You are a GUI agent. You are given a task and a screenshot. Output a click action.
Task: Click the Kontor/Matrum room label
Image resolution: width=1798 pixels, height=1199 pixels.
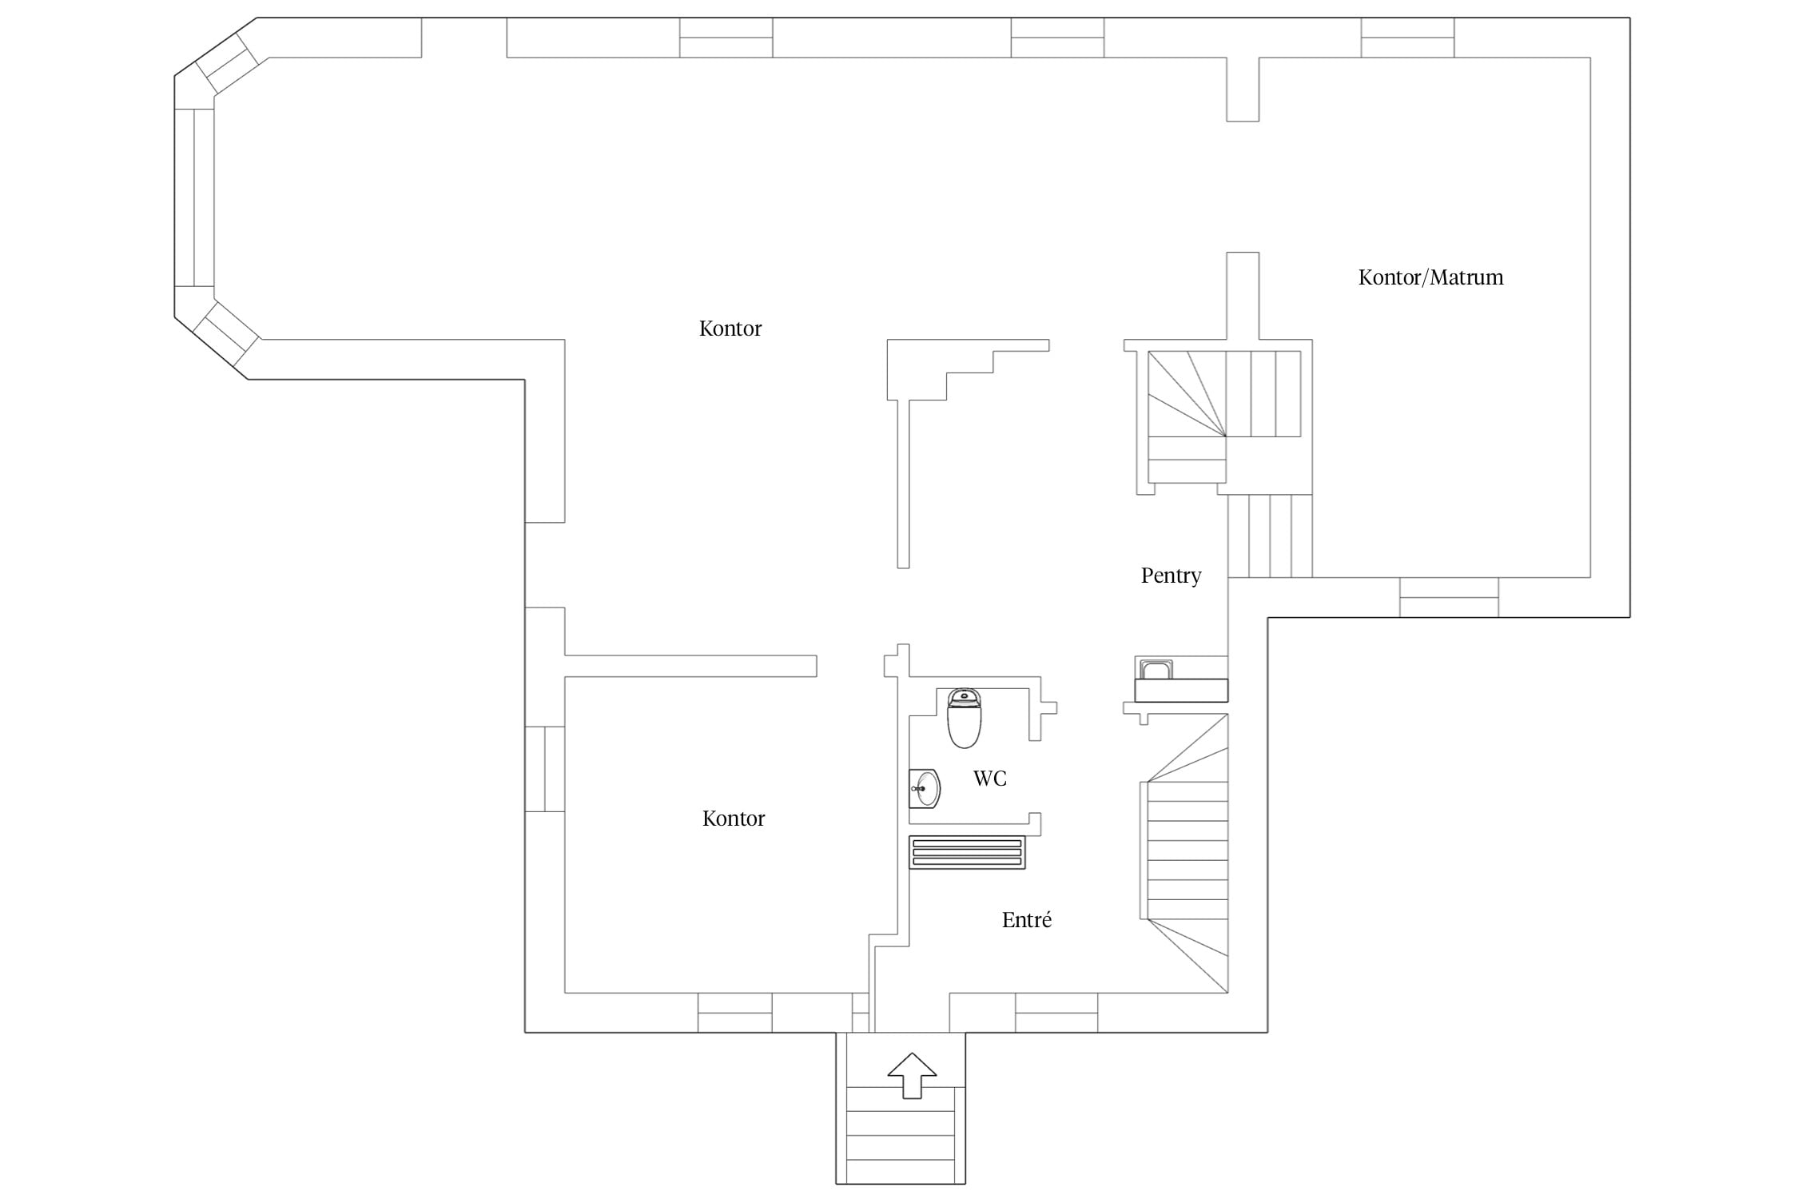pos(1430,277)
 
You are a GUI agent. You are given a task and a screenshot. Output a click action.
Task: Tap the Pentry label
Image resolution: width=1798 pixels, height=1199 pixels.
pos(1171,576)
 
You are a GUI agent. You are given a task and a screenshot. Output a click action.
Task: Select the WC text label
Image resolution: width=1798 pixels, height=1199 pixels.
pos(989,779)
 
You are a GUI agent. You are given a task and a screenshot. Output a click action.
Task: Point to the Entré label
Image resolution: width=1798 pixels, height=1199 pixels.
pos(1026,919)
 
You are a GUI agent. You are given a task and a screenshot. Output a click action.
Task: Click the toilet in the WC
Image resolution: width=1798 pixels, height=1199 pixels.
pos(964,718)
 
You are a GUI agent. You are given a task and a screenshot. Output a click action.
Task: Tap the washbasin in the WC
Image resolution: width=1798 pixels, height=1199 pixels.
pos(925,789)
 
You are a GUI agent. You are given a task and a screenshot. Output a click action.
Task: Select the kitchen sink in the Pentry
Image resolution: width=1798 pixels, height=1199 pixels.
pos(1156,669)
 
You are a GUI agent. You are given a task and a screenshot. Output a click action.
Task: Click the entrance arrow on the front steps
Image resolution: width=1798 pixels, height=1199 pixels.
pos(912,1075)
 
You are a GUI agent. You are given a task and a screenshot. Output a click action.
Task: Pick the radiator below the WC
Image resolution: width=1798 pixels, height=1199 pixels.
pos(967,852)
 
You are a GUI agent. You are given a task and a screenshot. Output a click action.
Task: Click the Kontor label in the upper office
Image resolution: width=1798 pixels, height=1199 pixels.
pos(730,329)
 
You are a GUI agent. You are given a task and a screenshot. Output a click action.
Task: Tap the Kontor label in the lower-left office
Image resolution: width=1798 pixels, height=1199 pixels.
pos(734,819)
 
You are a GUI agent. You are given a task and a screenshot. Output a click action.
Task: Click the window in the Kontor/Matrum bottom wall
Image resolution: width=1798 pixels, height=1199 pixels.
pos(1449,597)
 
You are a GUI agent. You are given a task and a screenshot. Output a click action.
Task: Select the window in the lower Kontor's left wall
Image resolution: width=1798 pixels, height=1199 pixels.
pos(545,769)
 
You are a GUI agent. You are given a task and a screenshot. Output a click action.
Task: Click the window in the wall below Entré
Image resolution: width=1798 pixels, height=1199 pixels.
pos(1056,1013)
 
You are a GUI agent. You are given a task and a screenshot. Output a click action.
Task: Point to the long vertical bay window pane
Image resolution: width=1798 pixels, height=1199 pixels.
pos(194,197)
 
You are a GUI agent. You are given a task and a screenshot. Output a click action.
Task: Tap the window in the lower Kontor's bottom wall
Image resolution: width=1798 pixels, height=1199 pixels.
pos(735,1013)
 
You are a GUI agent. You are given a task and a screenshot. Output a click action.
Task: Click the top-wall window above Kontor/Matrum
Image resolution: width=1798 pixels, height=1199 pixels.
pos(1408,38)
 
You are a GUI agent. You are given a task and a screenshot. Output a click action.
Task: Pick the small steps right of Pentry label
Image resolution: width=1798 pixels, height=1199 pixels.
pos(1270,536)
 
